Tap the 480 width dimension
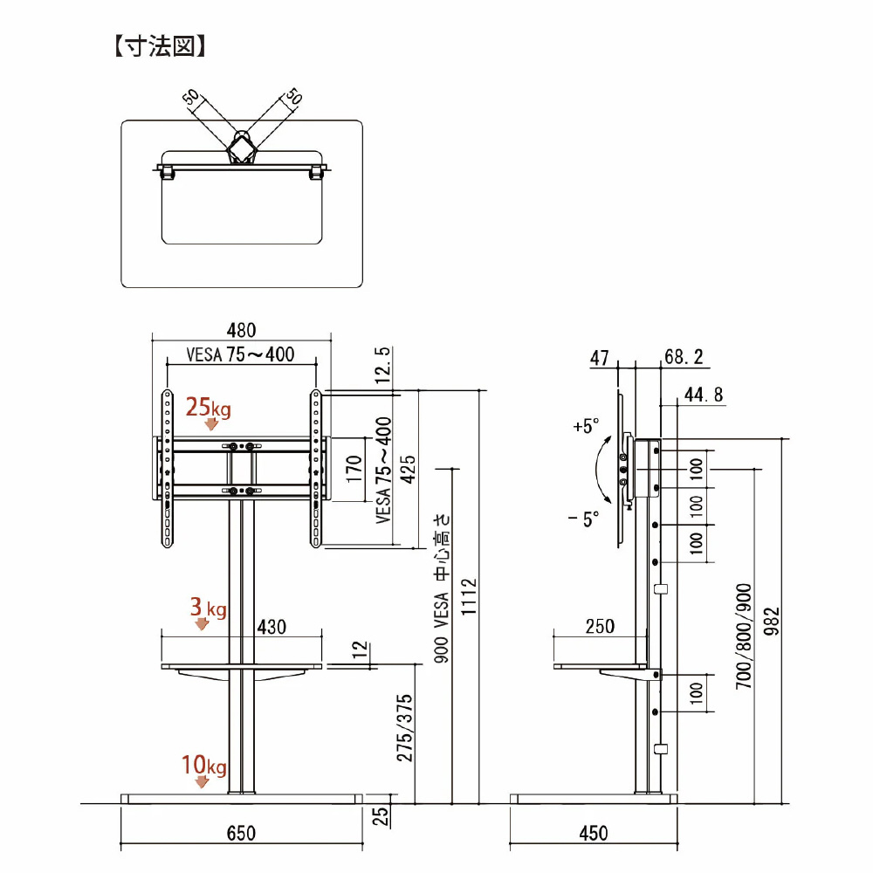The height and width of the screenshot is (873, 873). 241,330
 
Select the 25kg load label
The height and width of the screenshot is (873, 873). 208,407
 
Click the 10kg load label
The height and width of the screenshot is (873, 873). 204,767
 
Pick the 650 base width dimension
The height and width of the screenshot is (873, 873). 241,833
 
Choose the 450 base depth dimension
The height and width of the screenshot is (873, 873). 594,833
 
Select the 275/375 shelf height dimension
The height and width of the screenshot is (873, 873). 404,729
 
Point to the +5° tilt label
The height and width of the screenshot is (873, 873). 587,427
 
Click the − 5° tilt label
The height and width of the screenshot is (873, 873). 583,519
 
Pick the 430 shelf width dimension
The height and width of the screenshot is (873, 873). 272,627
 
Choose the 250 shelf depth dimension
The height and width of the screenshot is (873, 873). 600,627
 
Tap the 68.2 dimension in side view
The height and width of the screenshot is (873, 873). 684,356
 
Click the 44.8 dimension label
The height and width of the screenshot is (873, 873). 704,395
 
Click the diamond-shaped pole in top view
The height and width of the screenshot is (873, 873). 243,147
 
